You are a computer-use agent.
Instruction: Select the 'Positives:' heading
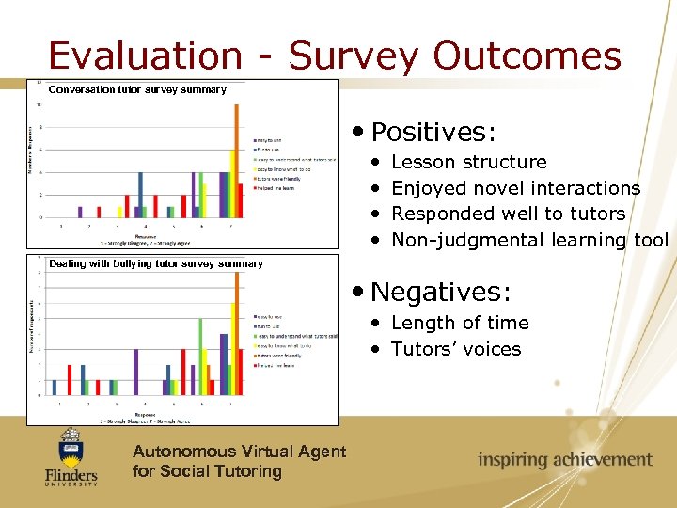tap(433, 130)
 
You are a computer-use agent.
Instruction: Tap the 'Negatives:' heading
tap(440, 291)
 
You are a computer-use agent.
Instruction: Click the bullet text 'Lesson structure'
tap(468, 162)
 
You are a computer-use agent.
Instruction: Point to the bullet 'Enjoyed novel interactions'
tap(515, 188)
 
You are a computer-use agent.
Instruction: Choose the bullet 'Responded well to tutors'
tap(508, 214)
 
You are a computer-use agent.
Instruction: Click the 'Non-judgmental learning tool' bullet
tap(529, 240)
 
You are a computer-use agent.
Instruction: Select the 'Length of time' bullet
tap(459, 323)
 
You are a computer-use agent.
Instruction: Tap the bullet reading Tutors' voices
tap(455, 349)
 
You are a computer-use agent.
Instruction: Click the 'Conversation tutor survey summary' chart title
tap(137, 90)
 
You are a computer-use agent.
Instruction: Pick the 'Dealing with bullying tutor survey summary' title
tap(156, 264)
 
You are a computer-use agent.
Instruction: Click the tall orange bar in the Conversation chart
tap(236, 160)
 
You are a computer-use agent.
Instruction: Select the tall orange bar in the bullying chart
tap(237, 329)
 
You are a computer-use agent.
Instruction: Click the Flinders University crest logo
tap(71, 456)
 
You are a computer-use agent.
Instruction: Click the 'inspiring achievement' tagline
tap(564, 460)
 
